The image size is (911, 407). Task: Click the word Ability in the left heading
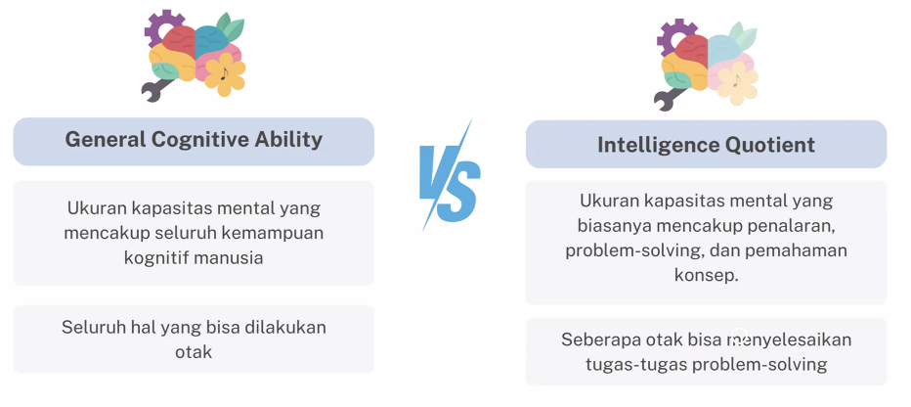[x=288, y=141]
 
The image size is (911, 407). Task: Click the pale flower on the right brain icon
[x=738, y=84]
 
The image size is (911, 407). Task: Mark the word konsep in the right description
[x=707, y=275]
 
